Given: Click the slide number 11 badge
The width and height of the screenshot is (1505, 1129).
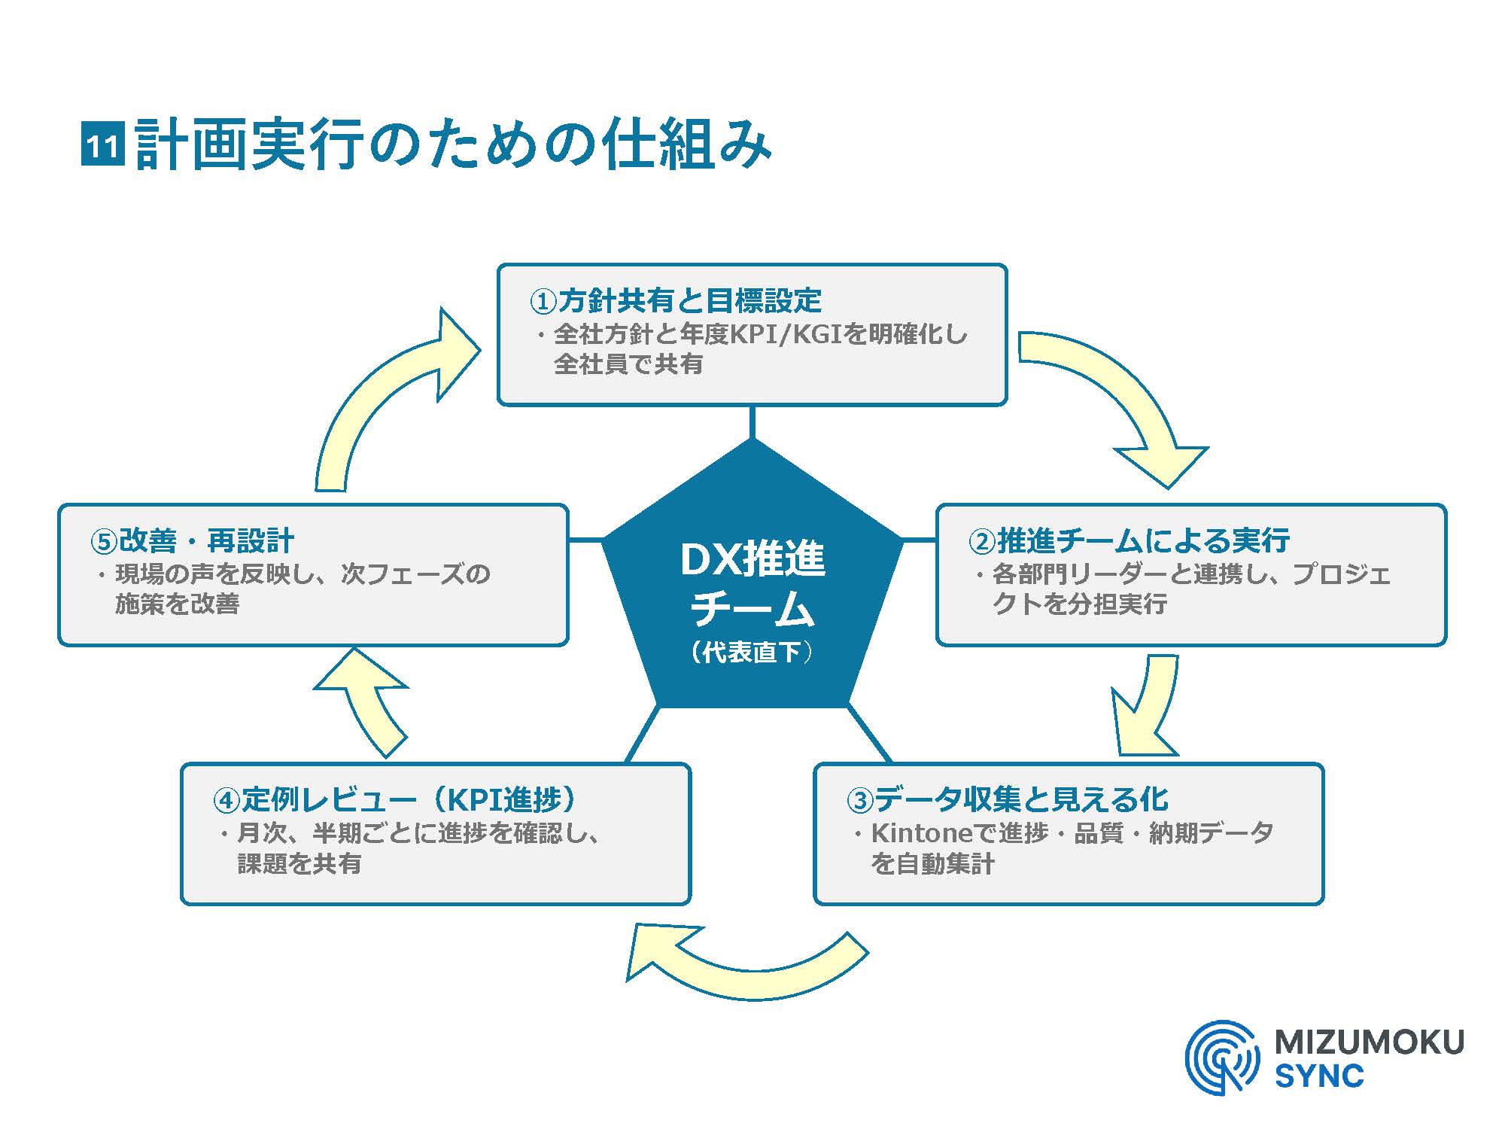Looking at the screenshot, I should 102,145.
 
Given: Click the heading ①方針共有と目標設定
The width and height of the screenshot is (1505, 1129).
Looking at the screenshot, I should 675,301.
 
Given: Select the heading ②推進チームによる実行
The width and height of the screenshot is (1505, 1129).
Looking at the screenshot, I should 1129,540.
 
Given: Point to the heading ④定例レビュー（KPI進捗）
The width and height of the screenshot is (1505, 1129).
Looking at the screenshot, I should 396,799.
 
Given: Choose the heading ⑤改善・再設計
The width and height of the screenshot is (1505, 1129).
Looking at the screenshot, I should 192,540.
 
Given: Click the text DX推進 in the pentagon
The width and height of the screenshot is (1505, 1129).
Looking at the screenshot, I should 752,560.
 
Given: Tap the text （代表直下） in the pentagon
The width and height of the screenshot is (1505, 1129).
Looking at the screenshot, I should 752,652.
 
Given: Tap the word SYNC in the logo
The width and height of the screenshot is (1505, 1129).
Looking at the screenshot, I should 1319,1076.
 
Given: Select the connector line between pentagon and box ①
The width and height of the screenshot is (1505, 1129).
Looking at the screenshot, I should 752,422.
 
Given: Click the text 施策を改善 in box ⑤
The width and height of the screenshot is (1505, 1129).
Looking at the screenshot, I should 177,604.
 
